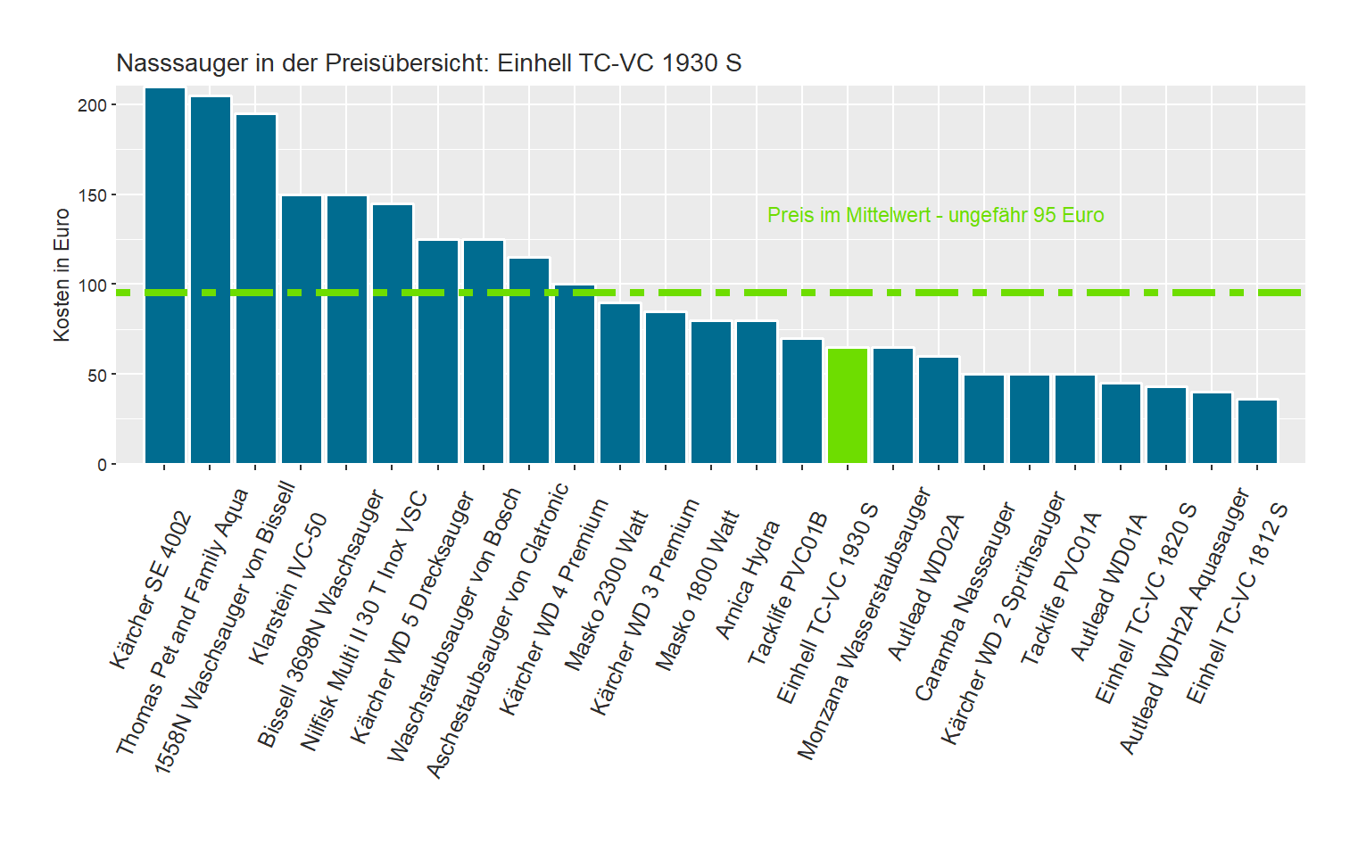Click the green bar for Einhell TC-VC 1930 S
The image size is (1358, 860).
847,406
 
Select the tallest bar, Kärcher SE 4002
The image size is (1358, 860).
165,276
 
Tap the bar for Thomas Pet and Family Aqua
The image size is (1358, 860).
211,280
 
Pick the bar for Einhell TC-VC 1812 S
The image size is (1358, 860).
1257,432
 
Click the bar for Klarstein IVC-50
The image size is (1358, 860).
302,329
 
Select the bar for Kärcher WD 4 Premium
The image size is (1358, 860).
575,374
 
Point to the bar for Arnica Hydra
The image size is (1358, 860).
757,393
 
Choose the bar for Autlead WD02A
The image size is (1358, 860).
939,410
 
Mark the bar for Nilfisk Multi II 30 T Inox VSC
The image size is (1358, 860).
393,334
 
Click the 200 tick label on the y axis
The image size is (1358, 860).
92,105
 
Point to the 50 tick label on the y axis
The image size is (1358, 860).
96,375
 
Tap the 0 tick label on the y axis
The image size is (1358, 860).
102,465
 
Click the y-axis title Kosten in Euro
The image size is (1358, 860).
62,275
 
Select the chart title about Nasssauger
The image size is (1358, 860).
428,63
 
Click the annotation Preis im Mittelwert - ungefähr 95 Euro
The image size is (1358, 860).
935,215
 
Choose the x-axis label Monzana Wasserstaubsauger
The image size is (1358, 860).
864,624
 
